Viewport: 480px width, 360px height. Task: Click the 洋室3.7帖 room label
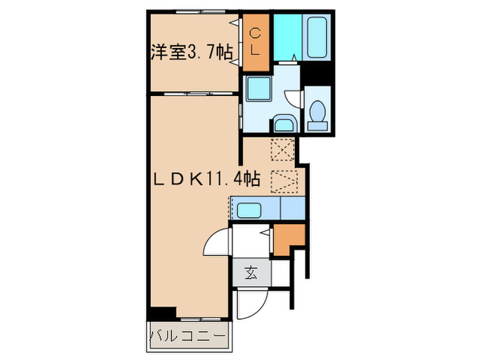pos(191,52)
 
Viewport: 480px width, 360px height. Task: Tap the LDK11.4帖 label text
pos(206,180)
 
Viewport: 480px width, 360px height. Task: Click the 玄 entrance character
pos(250,274)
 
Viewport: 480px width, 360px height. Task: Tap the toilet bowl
pos(317,114)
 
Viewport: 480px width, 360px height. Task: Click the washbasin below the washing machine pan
pos(283,125)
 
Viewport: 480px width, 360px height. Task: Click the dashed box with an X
pos(282,147)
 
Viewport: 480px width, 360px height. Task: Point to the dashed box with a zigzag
pos(282,180)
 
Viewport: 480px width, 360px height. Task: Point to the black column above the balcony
pos(162,313)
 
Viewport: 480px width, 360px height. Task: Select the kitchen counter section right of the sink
pos(292,208)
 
